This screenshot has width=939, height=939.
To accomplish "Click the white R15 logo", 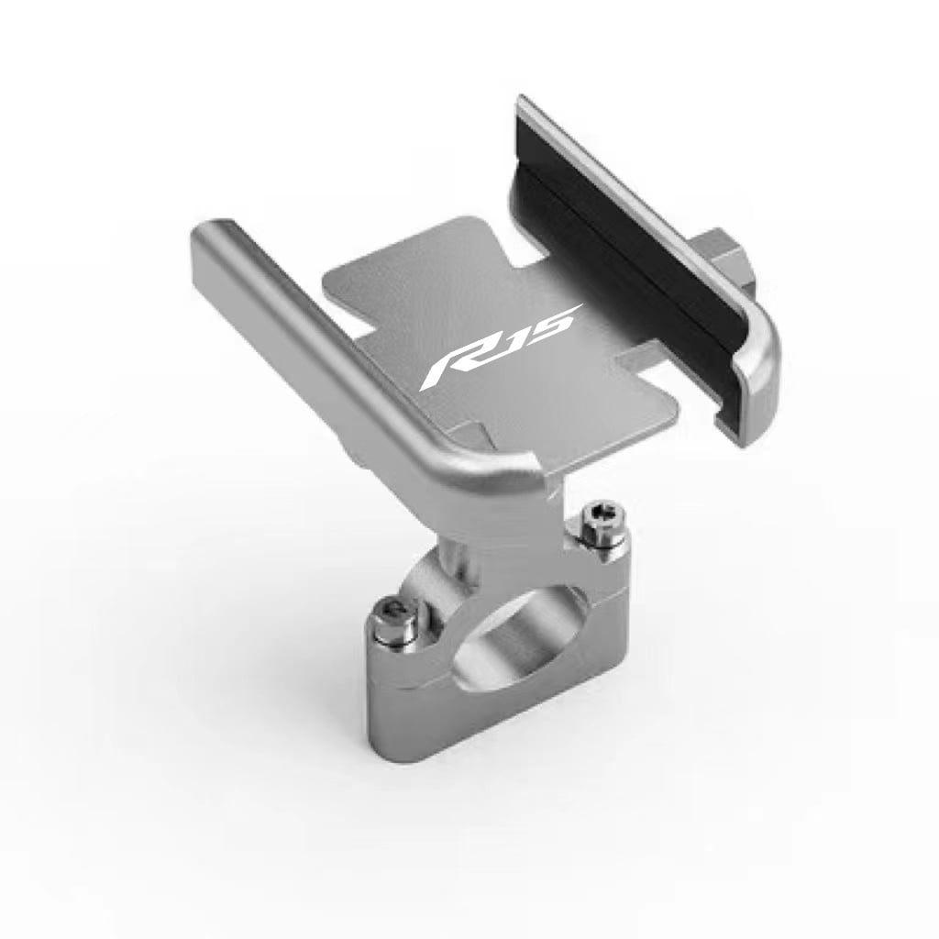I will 500,347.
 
